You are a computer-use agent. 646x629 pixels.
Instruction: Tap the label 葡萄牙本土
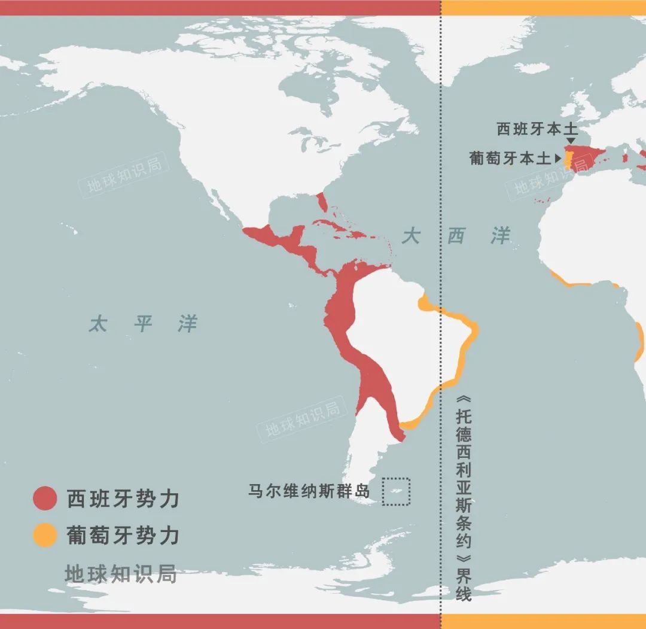[x=510, y=158]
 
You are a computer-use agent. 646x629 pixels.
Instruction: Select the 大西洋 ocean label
[x=456, y=236]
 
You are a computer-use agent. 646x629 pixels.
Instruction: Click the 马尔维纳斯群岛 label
[x=309, y=491]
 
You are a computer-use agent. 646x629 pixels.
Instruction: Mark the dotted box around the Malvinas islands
[x=396, y=491]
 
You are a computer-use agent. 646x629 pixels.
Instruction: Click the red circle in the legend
[x=44, y=499]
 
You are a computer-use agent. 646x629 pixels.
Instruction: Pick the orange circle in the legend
[x=44, y=535]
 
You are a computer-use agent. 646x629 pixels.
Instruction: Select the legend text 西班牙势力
[x=123, y=499]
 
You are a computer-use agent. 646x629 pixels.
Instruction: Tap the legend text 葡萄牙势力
[x=123, y=535]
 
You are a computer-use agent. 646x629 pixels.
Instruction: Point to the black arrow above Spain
[x=571, y=140]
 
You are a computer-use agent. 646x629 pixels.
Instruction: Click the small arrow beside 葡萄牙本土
[x=558, y=159]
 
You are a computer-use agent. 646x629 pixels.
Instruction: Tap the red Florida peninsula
[x=322, y=202]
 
